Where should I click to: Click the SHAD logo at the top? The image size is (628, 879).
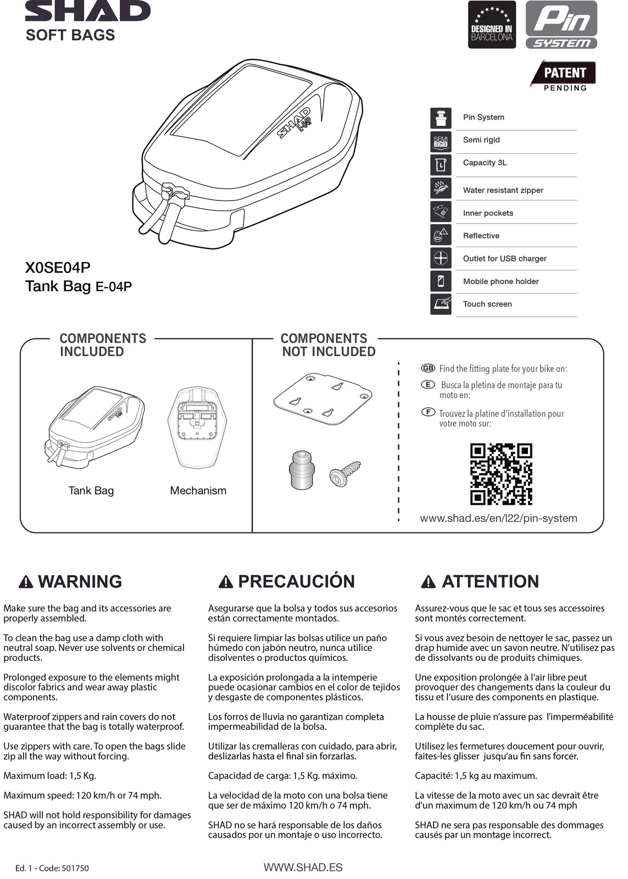click(x=88, y=11)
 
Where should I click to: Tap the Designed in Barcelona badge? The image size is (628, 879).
click(x=492, y=25)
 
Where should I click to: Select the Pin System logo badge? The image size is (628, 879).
click(x=561, y=25)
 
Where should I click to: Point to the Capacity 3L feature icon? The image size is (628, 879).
click(x=441, y=164)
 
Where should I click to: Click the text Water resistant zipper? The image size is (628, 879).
click(x=503, y=190)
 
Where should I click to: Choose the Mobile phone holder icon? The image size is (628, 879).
click(x=441, y=281)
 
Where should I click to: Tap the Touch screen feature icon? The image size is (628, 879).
click(x=441, y=304)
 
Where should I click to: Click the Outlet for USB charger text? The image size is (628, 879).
click(x=504, y=258)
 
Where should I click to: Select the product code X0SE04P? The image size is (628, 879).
click(x=58, y=268)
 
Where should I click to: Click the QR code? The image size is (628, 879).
click(x=501, y=474)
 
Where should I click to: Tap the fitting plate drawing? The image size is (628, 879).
click(x=323, y=398)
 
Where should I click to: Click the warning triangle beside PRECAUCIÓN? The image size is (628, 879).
click(x=225, y=582)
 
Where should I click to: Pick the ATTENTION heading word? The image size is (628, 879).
click(x=490, y=581)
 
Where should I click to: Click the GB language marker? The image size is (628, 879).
click(x=427, y=368)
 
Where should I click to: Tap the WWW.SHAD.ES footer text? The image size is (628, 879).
click(x=303, y=867)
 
